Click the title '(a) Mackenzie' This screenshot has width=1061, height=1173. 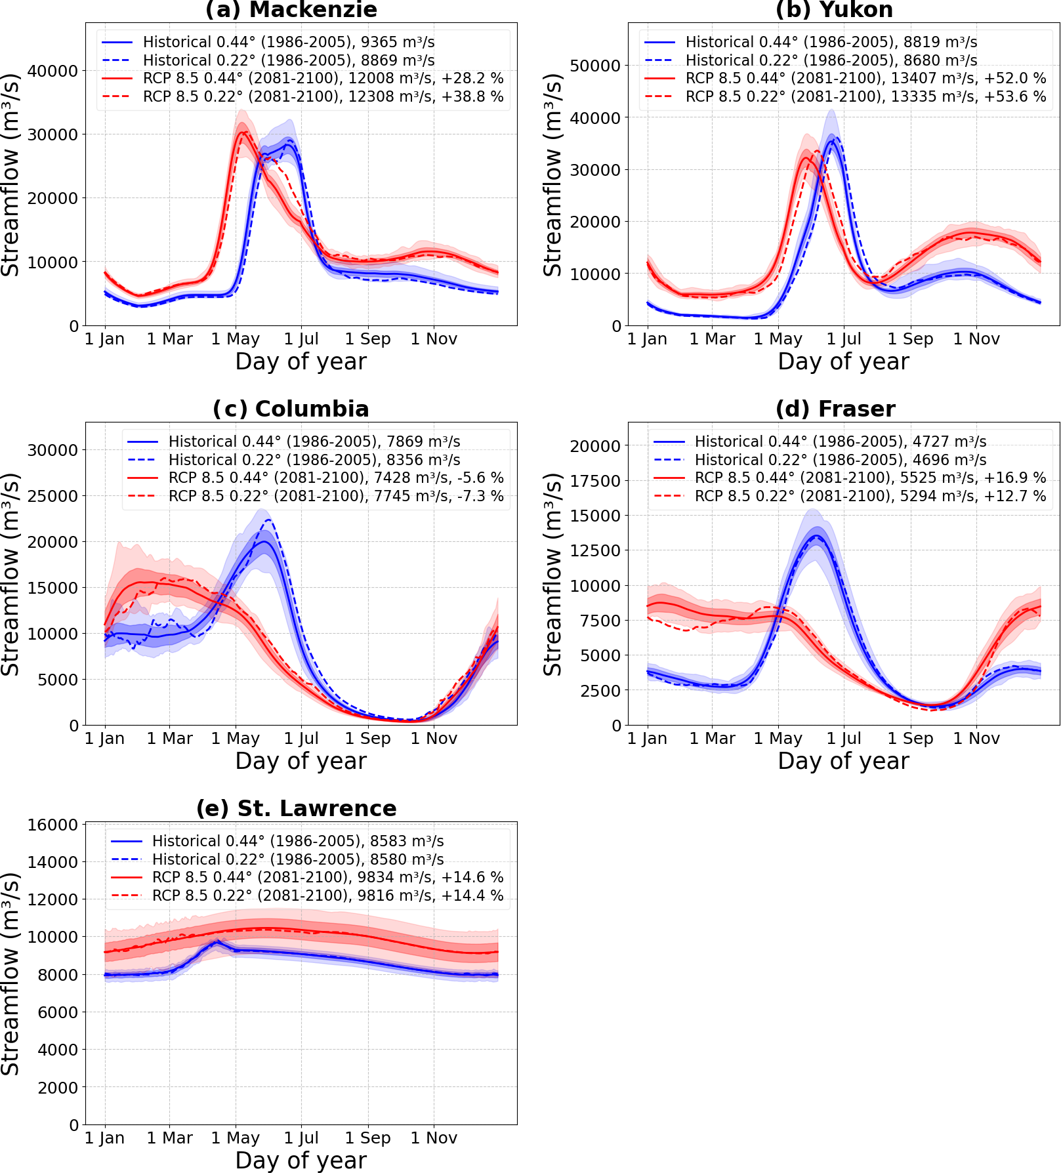[291, 10]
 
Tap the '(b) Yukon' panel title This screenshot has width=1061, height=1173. [834, 10]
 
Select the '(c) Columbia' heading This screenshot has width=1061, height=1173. [291, 409]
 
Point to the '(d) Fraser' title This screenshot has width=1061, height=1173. [835, 409]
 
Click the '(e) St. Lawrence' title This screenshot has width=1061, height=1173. [297, 808]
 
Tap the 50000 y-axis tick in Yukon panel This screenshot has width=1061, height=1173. [595, 66]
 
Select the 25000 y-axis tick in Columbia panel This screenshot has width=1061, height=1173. [52, 496]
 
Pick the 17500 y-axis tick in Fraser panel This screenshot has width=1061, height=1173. [595, 481]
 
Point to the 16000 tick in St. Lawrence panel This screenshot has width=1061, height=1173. [52, 825]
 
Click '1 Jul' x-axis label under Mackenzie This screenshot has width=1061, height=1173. [301, 339]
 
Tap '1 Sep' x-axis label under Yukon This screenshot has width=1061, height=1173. [910, 339]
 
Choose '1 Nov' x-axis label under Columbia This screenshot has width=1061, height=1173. [434, 739]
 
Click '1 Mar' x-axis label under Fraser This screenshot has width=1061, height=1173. [712, 739]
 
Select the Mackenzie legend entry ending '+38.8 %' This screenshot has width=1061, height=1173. [323, 97]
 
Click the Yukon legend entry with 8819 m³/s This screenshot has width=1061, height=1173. [831, 43]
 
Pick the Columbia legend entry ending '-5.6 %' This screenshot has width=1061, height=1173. [335, 478]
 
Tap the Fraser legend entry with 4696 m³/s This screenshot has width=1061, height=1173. [840, 460]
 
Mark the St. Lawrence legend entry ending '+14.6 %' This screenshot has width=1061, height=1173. [327, 878]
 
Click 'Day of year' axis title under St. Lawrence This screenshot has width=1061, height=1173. [301, 1160]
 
